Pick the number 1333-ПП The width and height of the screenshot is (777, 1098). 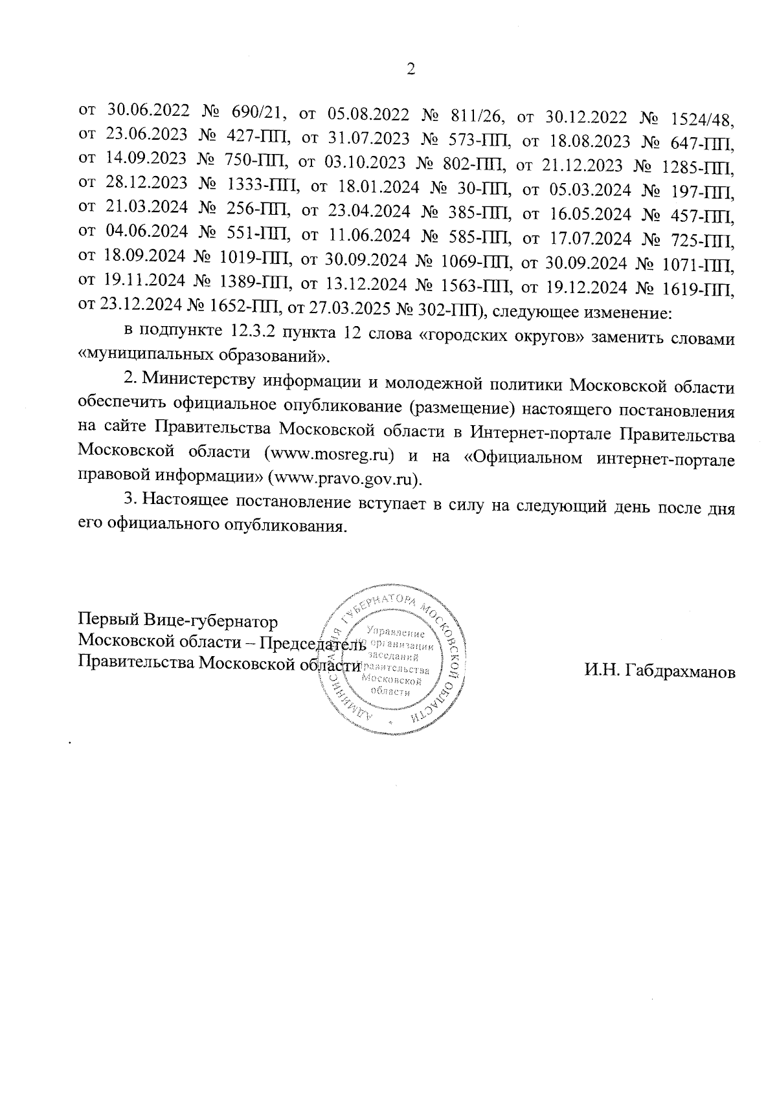tap(263, 187)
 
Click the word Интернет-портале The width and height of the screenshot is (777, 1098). tap(540, 432)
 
